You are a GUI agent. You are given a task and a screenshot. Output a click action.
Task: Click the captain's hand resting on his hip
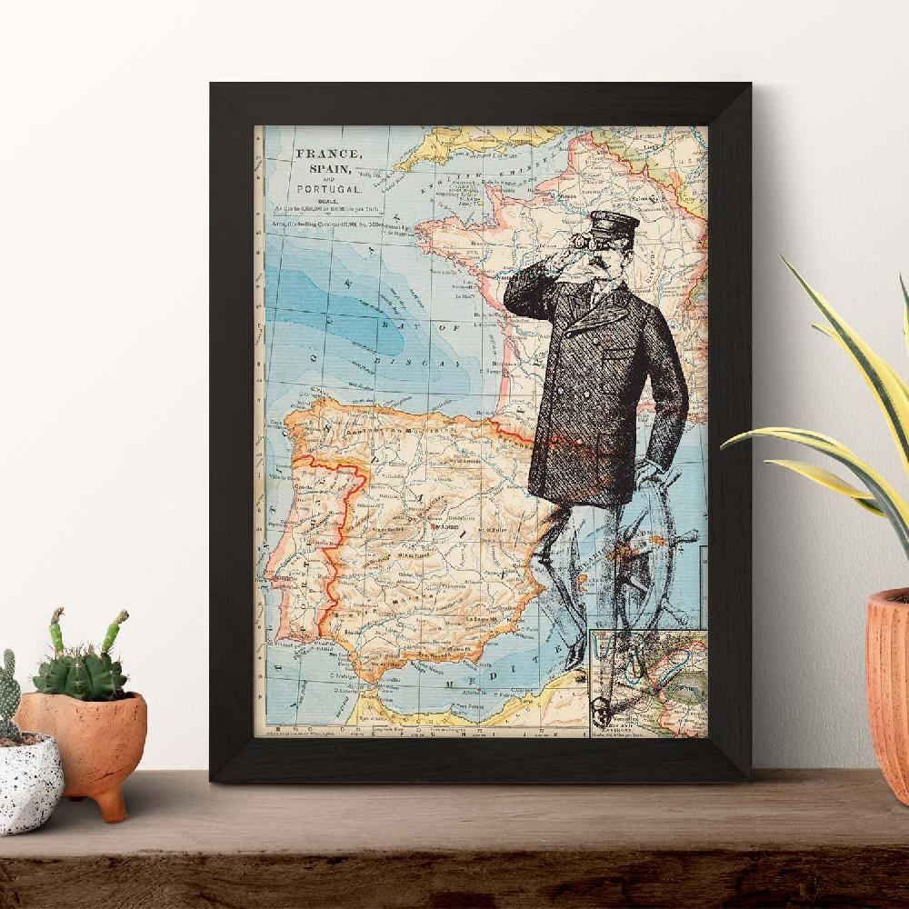pyautogui.click(x=651, y=473)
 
